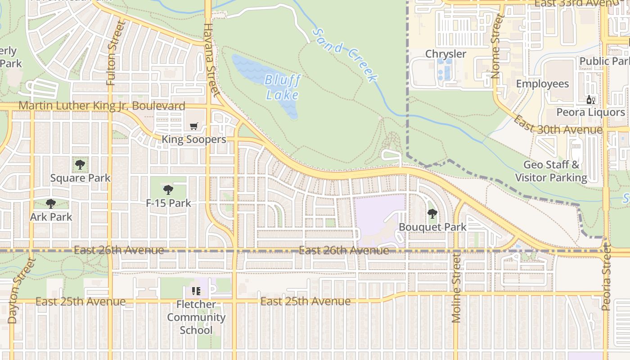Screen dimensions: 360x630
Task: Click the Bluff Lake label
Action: point(282,87)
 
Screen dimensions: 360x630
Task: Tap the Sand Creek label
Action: point(344,54)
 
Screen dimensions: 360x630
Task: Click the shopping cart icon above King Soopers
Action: point(194,126)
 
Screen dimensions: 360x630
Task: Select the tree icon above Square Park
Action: point(80,165)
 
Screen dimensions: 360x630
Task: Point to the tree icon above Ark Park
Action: point(51,204)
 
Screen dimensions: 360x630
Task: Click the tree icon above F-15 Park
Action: point(168,190)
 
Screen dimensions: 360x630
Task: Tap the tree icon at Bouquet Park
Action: point(432,214)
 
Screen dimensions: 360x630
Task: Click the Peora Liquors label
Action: point(590,112)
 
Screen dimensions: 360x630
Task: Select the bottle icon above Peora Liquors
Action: point(590,100)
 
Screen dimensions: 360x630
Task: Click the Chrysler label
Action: point(445,54)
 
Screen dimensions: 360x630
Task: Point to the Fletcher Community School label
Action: point(196,317)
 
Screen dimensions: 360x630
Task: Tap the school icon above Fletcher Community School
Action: point(196,291)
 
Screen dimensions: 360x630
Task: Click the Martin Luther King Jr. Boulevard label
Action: point(102,106)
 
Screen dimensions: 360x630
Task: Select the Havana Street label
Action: point(210,58)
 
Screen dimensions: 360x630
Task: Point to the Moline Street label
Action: point(456,288)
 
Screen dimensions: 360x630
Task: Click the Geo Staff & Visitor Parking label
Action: point(551,171)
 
